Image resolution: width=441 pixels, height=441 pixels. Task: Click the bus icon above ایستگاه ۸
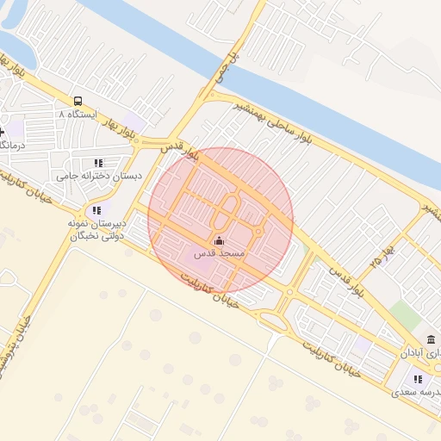tap(78, 101)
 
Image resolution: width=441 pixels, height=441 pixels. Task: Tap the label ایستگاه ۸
tap(78, 114)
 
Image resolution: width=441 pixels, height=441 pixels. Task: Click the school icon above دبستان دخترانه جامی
tap(97, 162)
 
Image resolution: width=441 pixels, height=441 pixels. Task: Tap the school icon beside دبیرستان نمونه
tap(96, 209)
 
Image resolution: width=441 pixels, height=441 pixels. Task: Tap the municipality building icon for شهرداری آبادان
tap(431, 339)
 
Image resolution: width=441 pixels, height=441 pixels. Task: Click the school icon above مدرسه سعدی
tap(418, 378)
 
